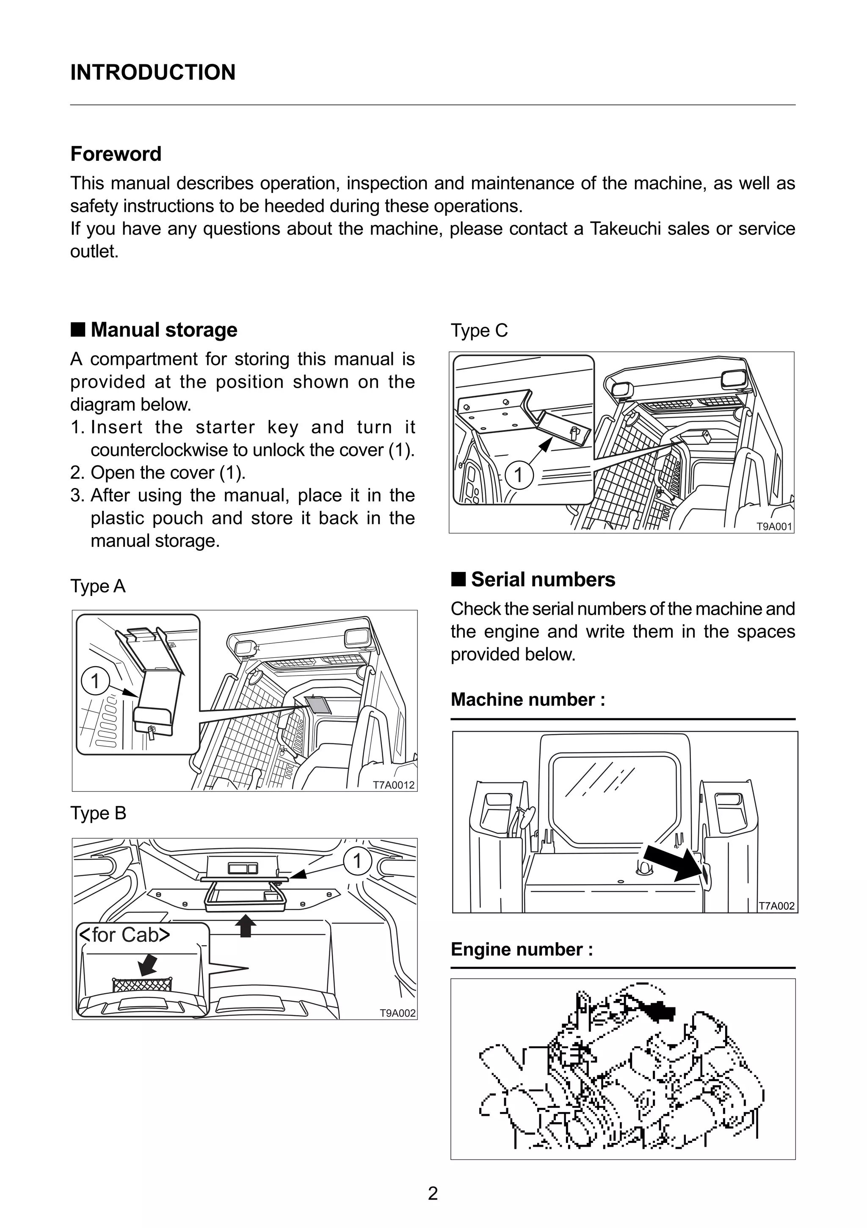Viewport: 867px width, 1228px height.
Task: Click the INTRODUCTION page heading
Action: (152, 72)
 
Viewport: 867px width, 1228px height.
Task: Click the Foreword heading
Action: (116, 154)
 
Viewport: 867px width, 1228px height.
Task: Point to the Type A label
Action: (98, 586)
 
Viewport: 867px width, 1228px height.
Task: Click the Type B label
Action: (98, 814)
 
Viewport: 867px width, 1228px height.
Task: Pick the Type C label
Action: (479, 331)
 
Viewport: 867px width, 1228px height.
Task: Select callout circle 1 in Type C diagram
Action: (518, 475)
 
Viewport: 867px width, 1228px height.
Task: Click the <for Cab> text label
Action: (124, 935)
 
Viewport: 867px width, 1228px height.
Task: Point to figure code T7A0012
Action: (394, 785)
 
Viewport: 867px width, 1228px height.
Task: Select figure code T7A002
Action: (776, 906)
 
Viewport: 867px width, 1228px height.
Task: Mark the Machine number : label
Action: (528, 700)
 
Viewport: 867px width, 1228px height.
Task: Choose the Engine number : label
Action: (522, 949)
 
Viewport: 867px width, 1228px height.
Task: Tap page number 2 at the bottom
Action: (433, 1193)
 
